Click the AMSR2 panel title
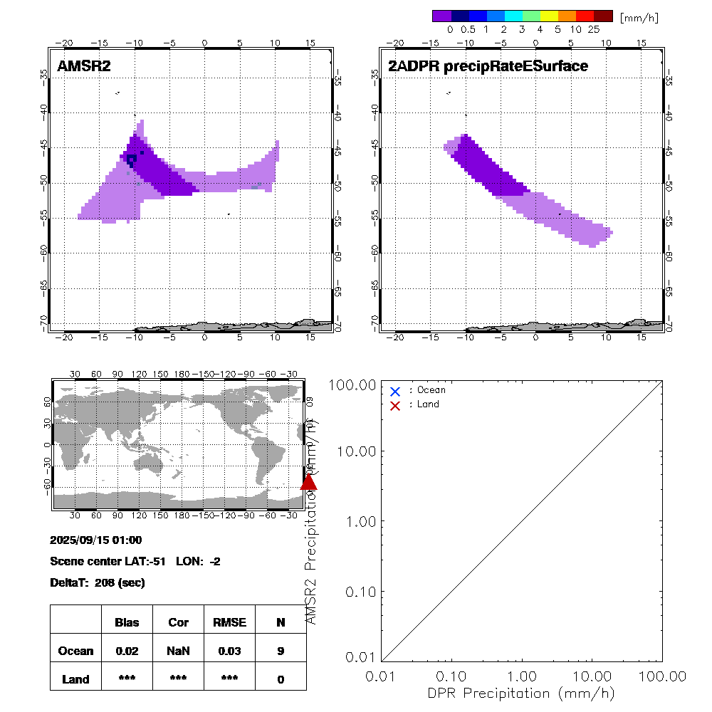(84, 66)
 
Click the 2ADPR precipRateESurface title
(488, 66)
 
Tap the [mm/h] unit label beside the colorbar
(639, 17)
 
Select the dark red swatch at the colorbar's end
(603, 16)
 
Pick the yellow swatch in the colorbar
(549, 16)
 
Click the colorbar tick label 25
(593, 30)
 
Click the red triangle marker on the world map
(309, 482)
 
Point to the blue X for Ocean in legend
(395, 391)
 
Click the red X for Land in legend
(395, 405)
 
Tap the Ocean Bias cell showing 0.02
(127, 651)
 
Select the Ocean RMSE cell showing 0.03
(229, 651)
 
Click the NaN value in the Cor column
(178, 651)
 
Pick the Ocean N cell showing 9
(281, 651)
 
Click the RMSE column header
(229, 622)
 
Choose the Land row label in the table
(75, 679)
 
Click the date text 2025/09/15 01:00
(96, 540)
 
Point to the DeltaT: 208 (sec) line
(98, 583)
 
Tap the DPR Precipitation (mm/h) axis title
(522, 693)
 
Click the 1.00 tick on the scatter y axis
(361, 521)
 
